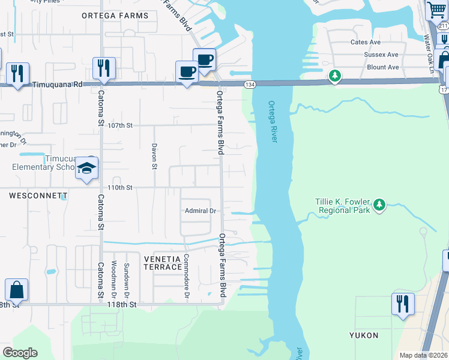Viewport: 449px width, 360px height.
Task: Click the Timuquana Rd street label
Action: pos(57,85)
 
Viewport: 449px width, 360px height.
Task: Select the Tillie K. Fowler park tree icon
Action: pos(379,205)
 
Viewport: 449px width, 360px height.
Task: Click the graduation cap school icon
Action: pos(87,168)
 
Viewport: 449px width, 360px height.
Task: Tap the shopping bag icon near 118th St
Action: pos(16,290)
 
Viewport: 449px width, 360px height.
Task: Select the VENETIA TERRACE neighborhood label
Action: pos(163,262)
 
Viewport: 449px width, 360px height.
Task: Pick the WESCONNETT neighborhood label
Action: pos(38,196)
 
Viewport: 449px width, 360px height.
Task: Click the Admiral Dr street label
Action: pos(200,211)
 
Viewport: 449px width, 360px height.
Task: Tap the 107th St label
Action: pos(119,125)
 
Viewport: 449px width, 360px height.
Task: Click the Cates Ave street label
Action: pos(366,42)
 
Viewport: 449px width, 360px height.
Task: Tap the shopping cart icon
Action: pos(436,10)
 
